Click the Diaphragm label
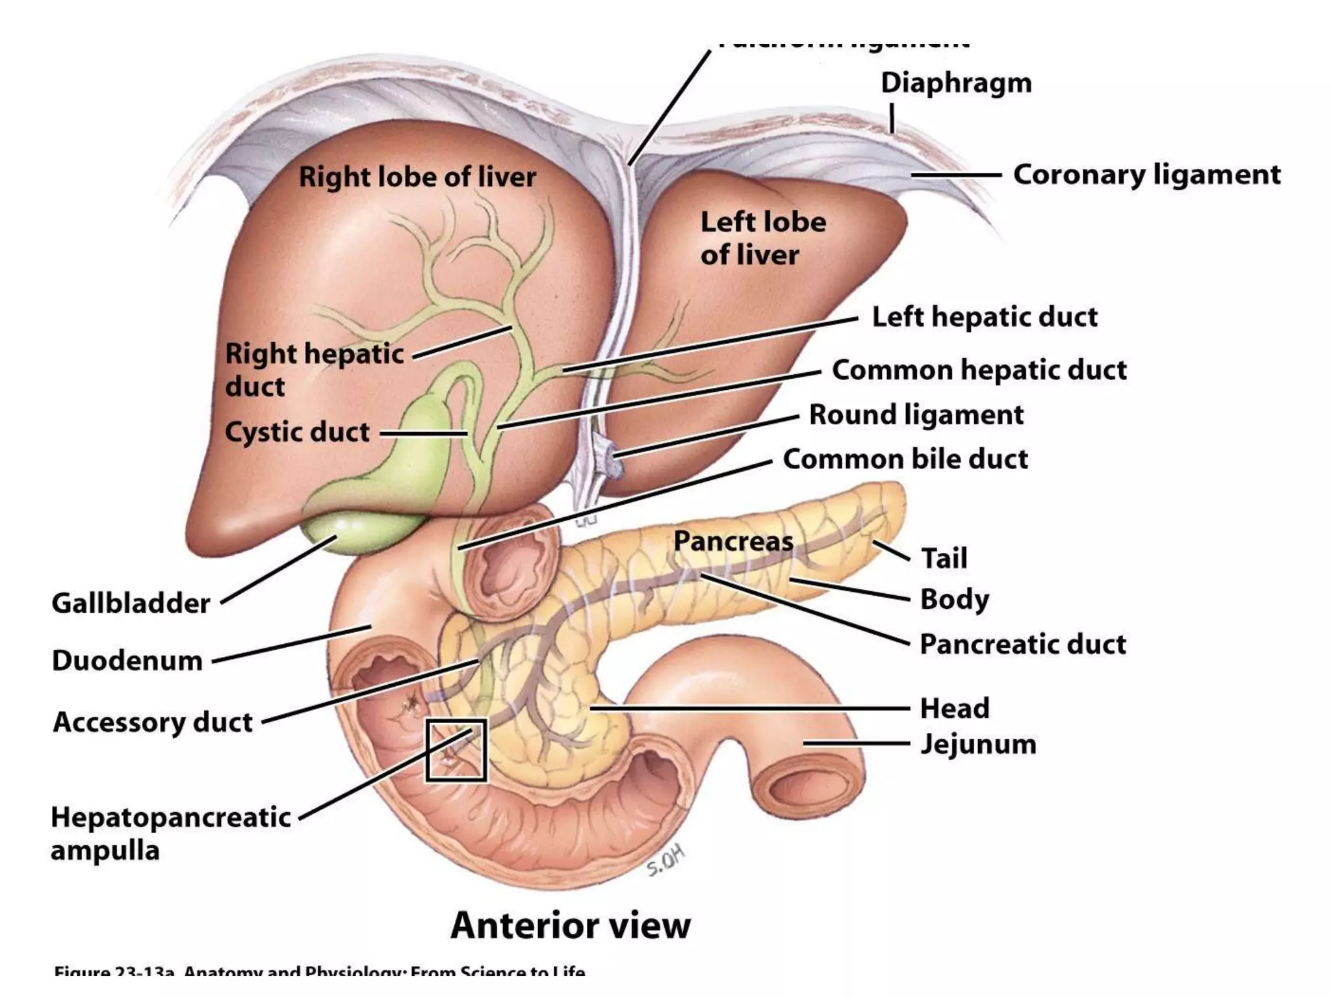pos(955,83)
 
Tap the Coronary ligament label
pos(1146,175)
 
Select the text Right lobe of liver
pos(417,177)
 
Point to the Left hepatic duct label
pos(984,317)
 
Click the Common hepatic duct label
pos(979,370)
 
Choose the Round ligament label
pos(916,415)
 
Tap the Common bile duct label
pos(905,459)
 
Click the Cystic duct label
pos(297,432)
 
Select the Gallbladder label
pos(131,604)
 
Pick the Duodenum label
pos(127,661)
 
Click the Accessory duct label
pos(153,723)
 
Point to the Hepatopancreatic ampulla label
pos(170,833)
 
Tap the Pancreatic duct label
pos(1022,645)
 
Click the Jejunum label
pos(977,745)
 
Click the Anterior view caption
pos(570,925)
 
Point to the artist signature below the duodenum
pos(666,861)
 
